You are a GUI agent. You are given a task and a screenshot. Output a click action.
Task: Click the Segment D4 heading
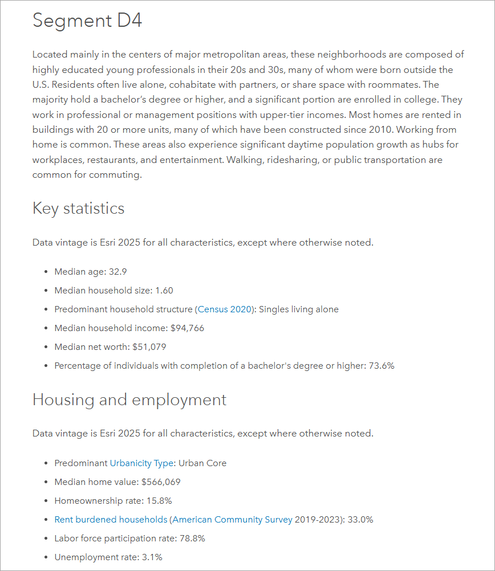coord(87,21)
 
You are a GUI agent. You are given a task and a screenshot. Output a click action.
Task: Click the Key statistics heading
coord(78,208)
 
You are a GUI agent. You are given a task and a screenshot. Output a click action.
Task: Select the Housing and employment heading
coord(129,399)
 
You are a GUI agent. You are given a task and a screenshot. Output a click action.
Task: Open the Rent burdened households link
coord(111,520)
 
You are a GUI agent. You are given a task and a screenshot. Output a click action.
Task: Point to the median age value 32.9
coord(117,272)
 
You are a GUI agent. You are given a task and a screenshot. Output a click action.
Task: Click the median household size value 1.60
coord(164,291)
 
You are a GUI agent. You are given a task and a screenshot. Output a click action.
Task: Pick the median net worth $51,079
coord(149,347)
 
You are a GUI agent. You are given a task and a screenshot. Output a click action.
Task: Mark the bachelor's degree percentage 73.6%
coord(382,366)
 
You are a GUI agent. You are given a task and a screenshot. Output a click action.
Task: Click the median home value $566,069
coord(161,482)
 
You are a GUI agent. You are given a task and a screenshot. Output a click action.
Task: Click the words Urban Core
coord(202,463)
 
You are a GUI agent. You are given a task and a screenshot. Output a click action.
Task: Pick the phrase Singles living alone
coord(299,309)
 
